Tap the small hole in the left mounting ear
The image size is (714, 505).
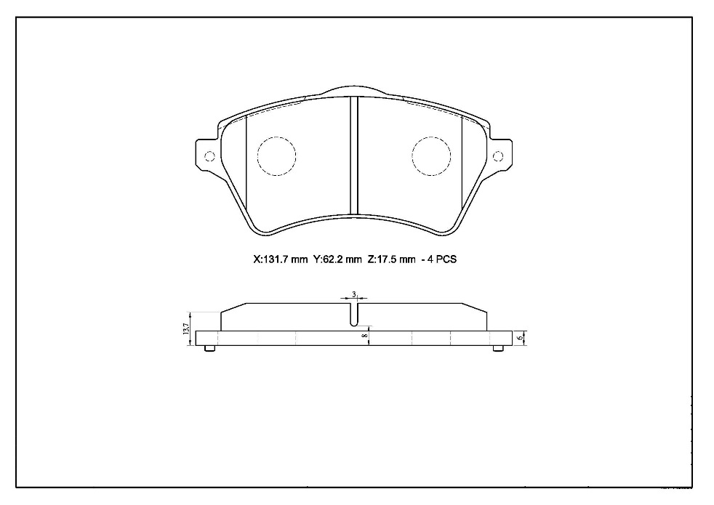pyautogui.click(x=209, y=156)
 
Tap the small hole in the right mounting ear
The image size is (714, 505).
pyautogui.click(x=498, y=156)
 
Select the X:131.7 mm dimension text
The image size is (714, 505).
pyautogui.click(x=281, y=260)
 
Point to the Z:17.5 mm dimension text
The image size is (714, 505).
pyautogui.click(x=392, y=260)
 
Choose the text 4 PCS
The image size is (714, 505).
pyautogui.click(x=441, y=260)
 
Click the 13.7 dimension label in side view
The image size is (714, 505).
pyautogui.click(x=186, y=329)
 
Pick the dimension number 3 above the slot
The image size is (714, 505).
pyautogui.click(x=354, y=294)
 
